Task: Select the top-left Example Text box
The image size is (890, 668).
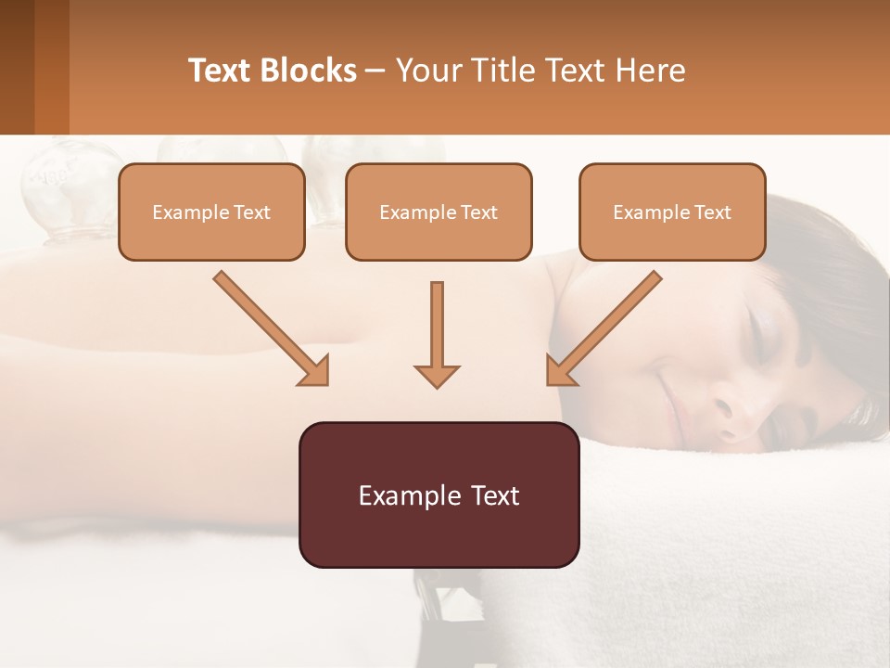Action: pos(211,212)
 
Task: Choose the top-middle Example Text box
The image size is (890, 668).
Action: pos(439,212)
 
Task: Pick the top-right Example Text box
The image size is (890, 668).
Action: pos(672,212)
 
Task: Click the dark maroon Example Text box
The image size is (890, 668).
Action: pos(439,495)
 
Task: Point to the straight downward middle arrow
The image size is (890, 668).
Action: pos(437,329)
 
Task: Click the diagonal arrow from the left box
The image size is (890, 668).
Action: pos(269,327)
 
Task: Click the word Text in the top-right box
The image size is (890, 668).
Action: pos(712,212)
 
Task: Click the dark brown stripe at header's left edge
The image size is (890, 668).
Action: pos(17,67)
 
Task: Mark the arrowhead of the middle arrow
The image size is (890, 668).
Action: pos(437,375)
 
